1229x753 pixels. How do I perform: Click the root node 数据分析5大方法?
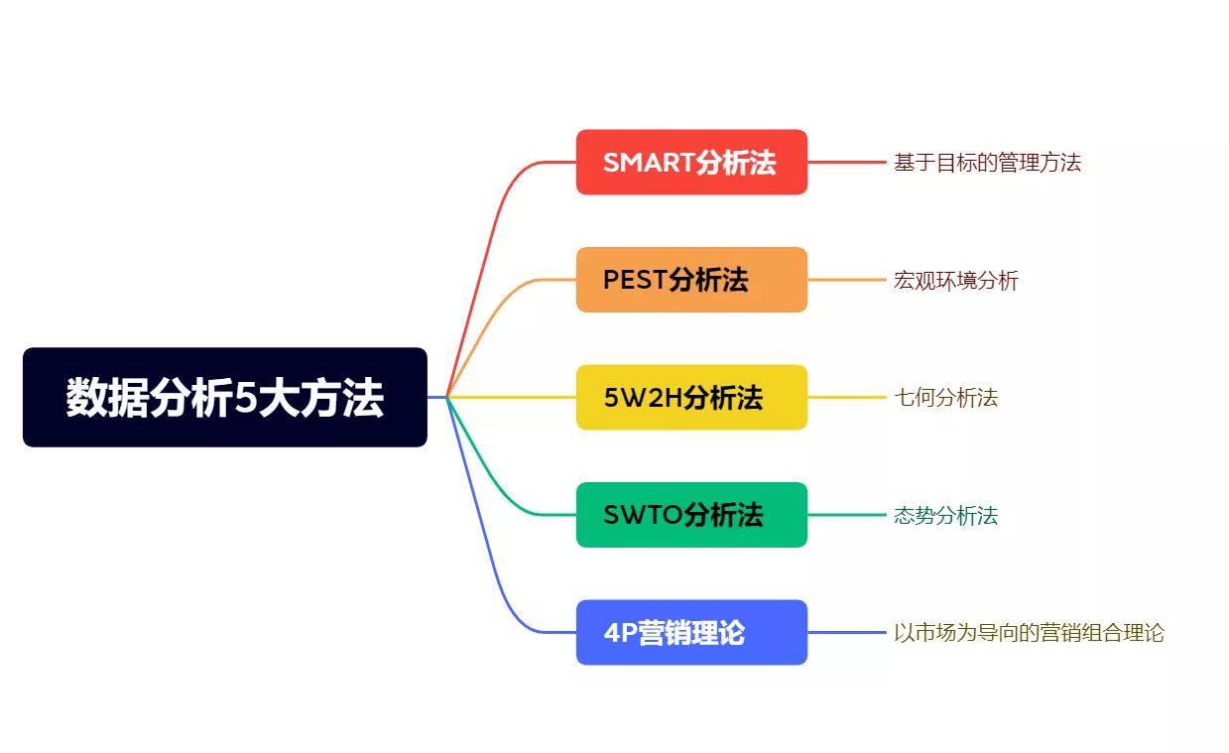pos(224,397)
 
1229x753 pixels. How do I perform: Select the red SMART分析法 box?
pos(691,162)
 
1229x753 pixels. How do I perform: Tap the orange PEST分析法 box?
pos(691,280)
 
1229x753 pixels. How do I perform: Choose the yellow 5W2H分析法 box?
pos(691,397)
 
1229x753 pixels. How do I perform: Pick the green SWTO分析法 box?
pos(691,515)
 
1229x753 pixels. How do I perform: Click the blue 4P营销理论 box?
pos(691,632)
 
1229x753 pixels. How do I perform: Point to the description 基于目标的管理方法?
pos(987,163)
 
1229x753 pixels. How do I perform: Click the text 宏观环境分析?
pos(955,281)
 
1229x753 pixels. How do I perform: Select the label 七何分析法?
pos(945,398)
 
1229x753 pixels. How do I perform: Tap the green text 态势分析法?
pos(945,516)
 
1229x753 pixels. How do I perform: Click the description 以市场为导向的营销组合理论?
pos(1029,633)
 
